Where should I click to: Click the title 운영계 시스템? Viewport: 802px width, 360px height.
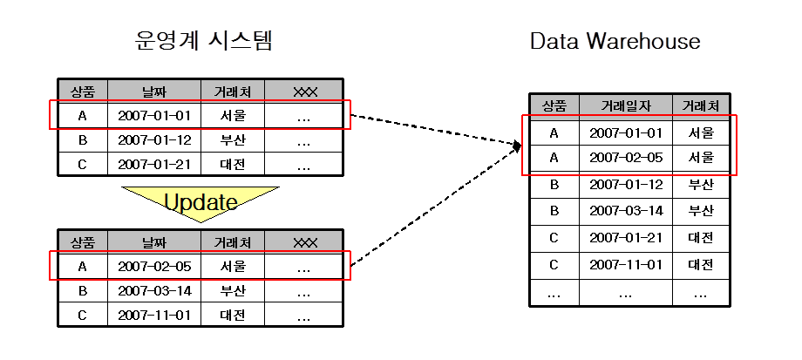[204, 41]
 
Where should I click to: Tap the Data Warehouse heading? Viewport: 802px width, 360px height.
[615, 41]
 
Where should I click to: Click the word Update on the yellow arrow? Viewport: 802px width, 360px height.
[201, 202]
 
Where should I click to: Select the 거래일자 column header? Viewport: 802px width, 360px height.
[626, 106]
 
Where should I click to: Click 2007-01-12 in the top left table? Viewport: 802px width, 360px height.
[154, 139]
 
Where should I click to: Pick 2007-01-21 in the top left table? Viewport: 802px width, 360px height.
[154, 164]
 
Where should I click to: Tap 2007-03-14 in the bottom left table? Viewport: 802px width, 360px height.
[154, 290]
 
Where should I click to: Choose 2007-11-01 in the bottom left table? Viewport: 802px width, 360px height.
[154, 315]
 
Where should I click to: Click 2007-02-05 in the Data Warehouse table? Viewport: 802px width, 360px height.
[626, 159]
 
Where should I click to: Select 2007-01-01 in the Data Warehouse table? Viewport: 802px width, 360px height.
[626, 133]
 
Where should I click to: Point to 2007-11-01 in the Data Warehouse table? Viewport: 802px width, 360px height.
[626, 264]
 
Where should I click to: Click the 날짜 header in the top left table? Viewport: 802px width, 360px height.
[154, 90]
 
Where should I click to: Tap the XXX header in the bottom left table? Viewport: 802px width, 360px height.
[304, 241]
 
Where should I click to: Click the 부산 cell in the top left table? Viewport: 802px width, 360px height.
[233, 139]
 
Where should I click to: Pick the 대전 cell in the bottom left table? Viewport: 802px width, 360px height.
[233, 315]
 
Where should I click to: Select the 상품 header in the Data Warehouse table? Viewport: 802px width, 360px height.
[554, 106]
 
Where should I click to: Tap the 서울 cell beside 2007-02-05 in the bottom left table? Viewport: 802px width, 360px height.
[233, 267]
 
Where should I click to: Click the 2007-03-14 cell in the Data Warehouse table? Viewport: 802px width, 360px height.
[626, 211]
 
